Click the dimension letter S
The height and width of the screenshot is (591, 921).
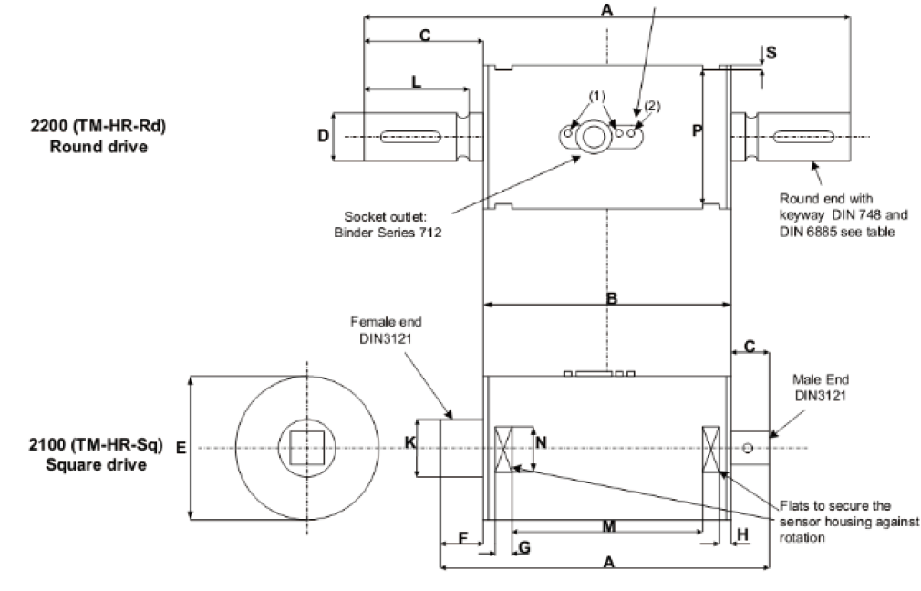point(771,53)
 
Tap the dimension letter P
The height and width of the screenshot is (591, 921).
point(696,131)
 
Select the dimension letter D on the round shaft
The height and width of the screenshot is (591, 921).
point(323,137)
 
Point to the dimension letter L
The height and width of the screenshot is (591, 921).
point(416,81)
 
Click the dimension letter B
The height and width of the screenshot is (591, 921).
point(612,298)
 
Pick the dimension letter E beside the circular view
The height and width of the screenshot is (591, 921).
point(181,448)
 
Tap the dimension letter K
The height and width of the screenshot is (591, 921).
point(409,444)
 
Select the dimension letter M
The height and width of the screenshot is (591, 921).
point(609,527)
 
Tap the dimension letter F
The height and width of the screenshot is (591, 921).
point(462,537)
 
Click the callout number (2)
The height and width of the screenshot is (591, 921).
point(651,106)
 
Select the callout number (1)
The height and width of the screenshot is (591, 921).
point(596,96)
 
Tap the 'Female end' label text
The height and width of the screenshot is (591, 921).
point(387,322)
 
